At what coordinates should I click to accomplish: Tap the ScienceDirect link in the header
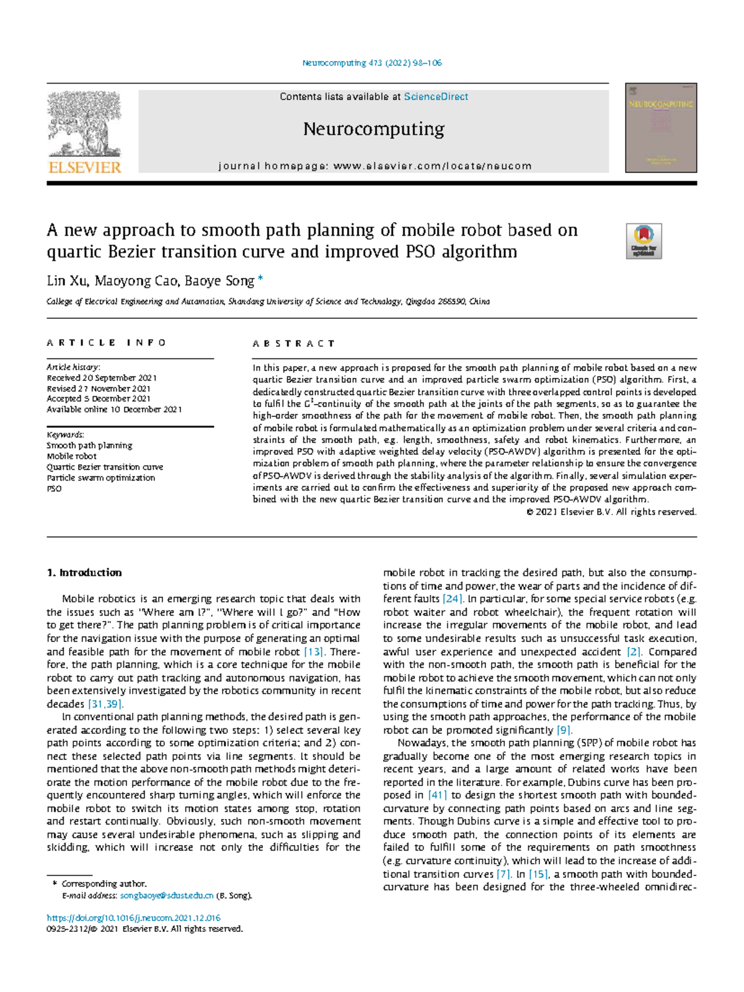pos(436,97)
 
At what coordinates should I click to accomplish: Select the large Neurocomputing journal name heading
pos(373,129)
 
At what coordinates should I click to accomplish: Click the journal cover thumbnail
pos(661,128)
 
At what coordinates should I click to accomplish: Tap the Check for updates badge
pos(644,241)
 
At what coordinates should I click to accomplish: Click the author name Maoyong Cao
pos(136,281)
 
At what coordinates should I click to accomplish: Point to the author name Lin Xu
pos(67,281)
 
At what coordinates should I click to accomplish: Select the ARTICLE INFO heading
pos(107,342)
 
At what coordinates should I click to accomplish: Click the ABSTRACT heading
pos(294,343)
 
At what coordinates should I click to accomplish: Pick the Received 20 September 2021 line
pos(102,378)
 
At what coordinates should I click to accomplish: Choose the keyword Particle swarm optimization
pos(101,478)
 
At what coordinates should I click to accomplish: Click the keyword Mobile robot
pos(72,456)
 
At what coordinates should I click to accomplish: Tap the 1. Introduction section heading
pos(84,573)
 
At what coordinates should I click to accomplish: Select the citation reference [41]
pos(438,795)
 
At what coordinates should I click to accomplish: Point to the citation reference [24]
pos(453,599)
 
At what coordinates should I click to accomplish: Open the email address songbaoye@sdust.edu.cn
pos(167,895)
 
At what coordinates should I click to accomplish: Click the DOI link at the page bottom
pos(134,918)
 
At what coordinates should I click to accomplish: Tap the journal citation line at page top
pos(372,63)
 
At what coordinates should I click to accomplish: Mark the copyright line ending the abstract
pos(611,512)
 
